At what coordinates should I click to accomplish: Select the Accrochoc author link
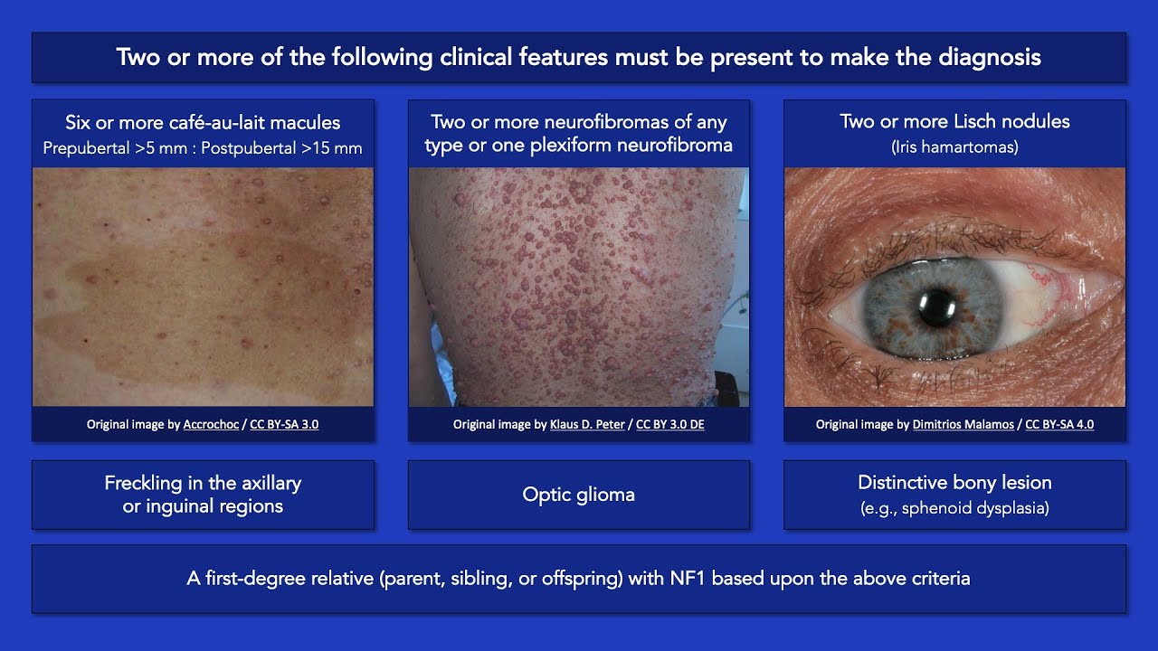pyautogui.click(x=212, y=424)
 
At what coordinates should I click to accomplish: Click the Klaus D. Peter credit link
pyautogui.click(x=587, y=424)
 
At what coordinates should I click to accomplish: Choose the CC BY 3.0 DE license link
pyautogui.click(x=669, y=424)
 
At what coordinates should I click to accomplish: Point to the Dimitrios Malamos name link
pyautogui.click(x=963, y=424)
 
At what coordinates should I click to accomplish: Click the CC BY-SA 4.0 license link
pyautogui.click(x=1059, y=424)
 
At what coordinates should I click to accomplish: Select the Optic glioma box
pyautogui.click(x=579, y=495)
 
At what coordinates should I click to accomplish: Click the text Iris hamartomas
pyautogui.click(x=954, y=146)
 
